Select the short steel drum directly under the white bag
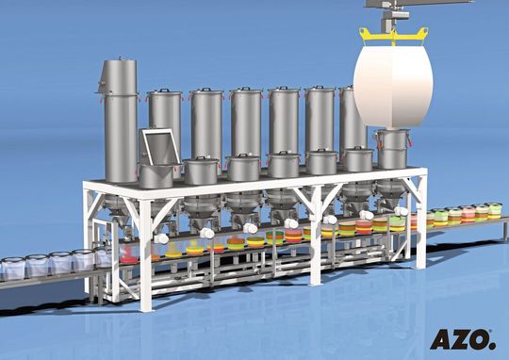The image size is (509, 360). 392,149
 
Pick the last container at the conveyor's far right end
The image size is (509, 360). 494,211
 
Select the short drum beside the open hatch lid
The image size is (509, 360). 201,170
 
